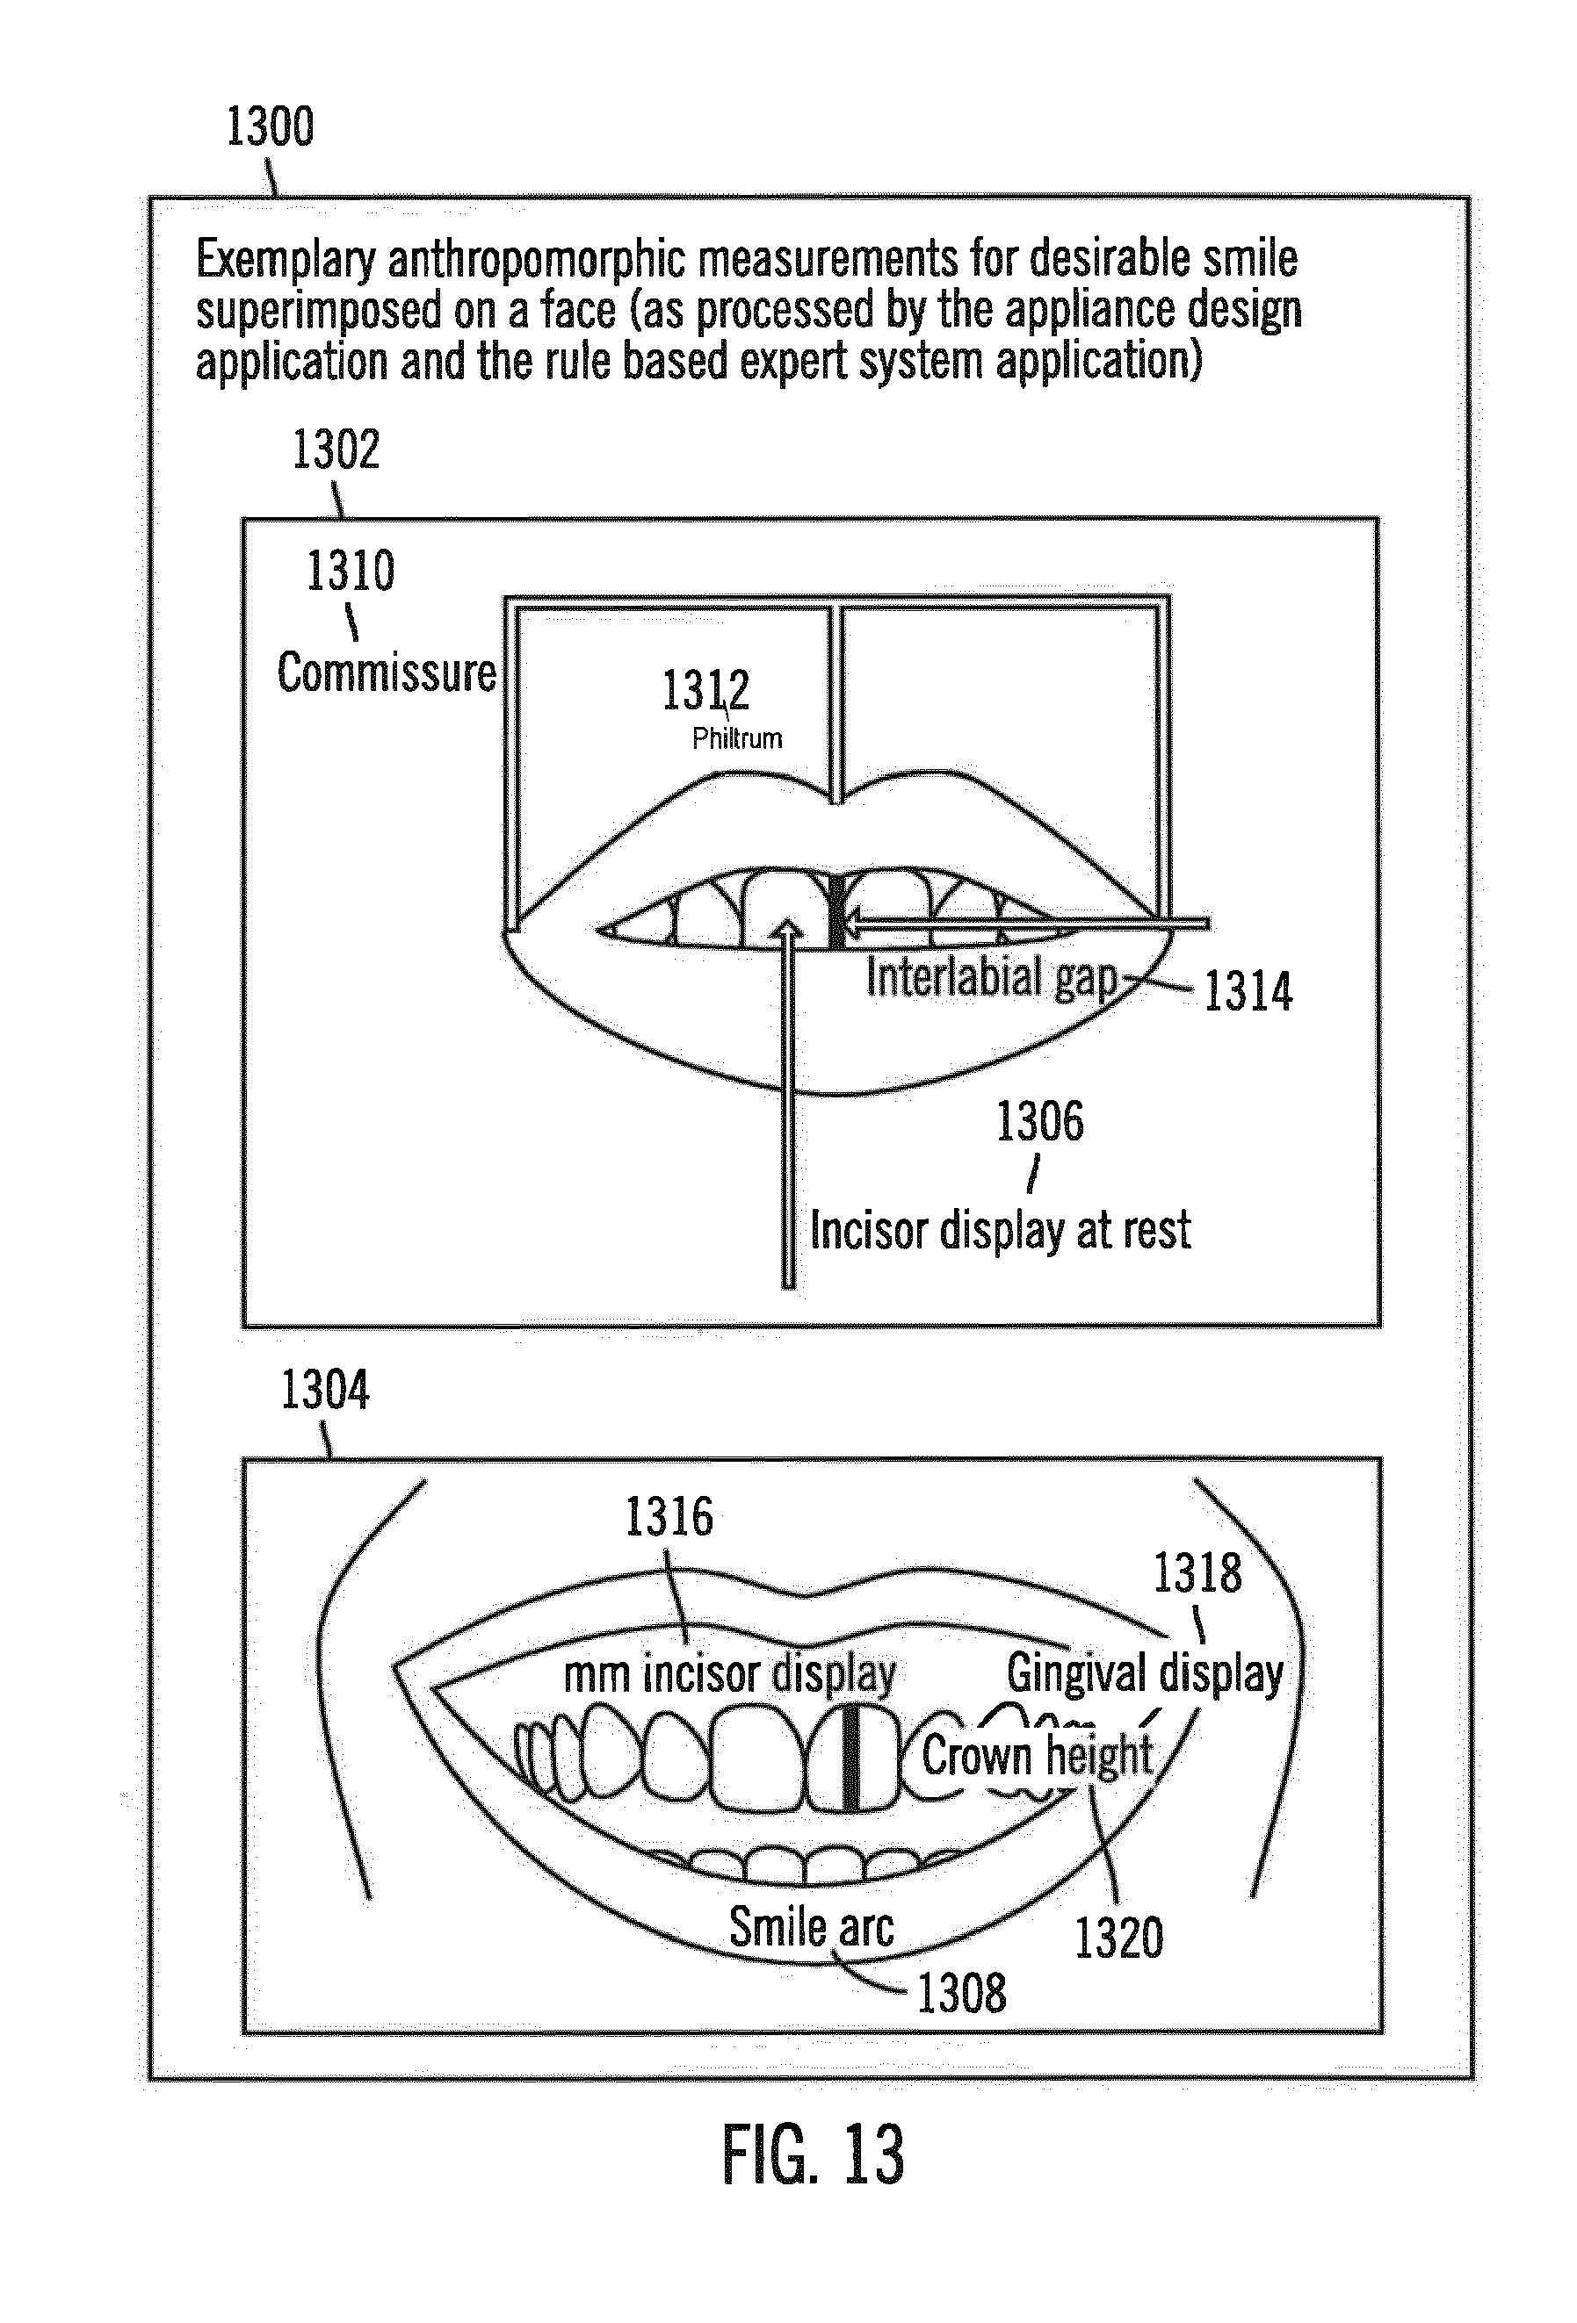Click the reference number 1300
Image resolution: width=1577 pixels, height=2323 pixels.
270,127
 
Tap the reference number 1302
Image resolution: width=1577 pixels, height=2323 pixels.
335,449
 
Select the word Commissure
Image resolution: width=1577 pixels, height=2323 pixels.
386,672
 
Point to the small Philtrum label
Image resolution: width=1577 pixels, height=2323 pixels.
737,738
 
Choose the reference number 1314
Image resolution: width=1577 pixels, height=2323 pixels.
1247,991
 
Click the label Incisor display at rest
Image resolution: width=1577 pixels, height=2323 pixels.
1000,1229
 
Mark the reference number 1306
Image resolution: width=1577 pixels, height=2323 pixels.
1039,1121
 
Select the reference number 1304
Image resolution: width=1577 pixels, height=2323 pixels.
324,1391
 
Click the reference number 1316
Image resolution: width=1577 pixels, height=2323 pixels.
669,1517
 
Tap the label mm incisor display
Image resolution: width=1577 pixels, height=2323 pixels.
730,1673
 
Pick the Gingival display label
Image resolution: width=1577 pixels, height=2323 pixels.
1145,1673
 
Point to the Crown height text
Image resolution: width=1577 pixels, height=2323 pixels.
1037,1755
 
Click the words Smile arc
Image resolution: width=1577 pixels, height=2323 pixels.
811,1926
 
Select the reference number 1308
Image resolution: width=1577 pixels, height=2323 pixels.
961,1992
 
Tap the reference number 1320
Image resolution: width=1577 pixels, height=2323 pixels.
1119,1938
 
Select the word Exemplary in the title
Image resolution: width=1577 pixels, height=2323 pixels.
284,259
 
